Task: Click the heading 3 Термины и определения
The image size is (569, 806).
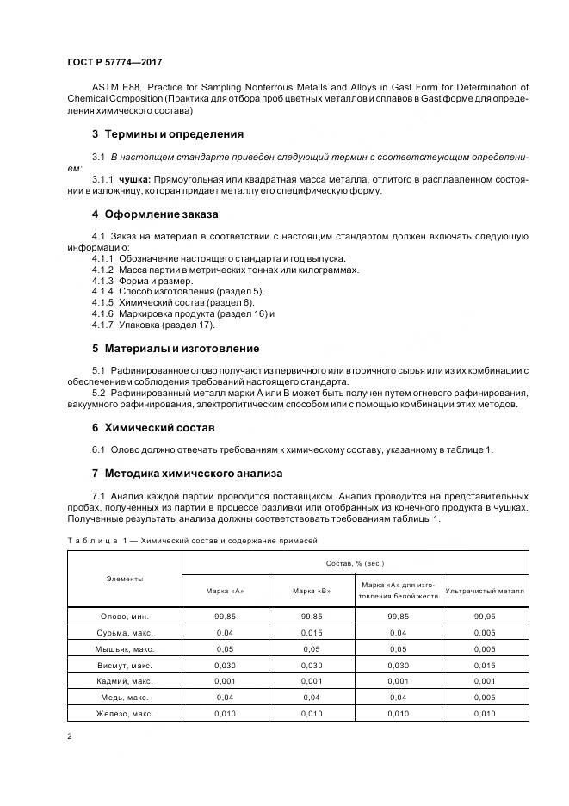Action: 167,134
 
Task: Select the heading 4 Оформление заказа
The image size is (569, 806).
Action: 155,214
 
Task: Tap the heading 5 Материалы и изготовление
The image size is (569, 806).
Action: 176,349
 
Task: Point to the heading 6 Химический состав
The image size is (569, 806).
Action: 152,428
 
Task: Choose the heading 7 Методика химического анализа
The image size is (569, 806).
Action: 188,474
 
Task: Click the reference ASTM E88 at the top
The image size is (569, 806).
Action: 118,88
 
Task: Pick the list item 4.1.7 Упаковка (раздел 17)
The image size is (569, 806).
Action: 153,325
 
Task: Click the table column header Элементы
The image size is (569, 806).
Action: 126,580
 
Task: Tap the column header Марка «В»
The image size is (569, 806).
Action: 312,591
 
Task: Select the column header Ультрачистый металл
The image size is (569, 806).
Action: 485,591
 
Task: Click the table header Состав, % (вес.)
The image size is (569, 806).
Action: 355,562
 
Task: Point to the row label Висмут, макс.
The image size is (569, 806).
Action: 126,665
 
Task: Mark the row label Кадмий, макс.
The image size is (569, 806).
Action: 126,681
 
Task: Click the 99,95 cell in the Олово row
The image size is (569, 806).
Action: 485,616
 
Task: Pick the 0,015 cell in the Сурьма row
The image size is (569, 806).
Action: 312,632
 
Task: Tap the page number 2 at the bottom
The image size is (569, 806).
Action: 70,737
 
